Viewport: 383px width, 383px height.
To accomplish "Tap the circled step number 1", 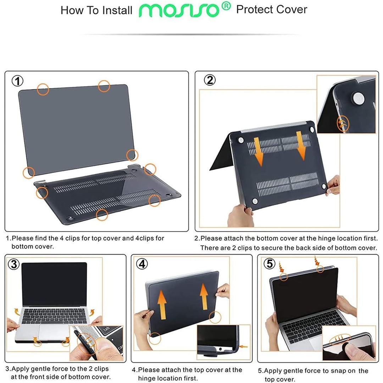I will point(18,81).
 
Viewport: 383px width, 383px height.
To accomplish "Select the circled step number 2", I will point(210,81).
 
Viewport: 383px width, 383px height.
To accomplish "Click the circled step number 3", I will point(14,264).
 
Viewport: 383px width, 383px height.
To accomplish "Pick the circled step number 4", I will point(142,264).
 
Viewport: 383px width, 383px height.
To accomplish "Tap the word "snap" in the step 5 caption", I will point(331,371).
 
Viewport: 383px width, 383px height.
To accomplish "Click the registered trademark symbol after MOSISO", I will point(227,6).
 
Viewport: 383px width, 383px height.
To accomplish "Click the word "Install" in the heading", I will point(117,10).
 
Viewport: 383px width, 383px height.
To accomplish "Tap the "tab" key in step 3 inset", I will point(106,330).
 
